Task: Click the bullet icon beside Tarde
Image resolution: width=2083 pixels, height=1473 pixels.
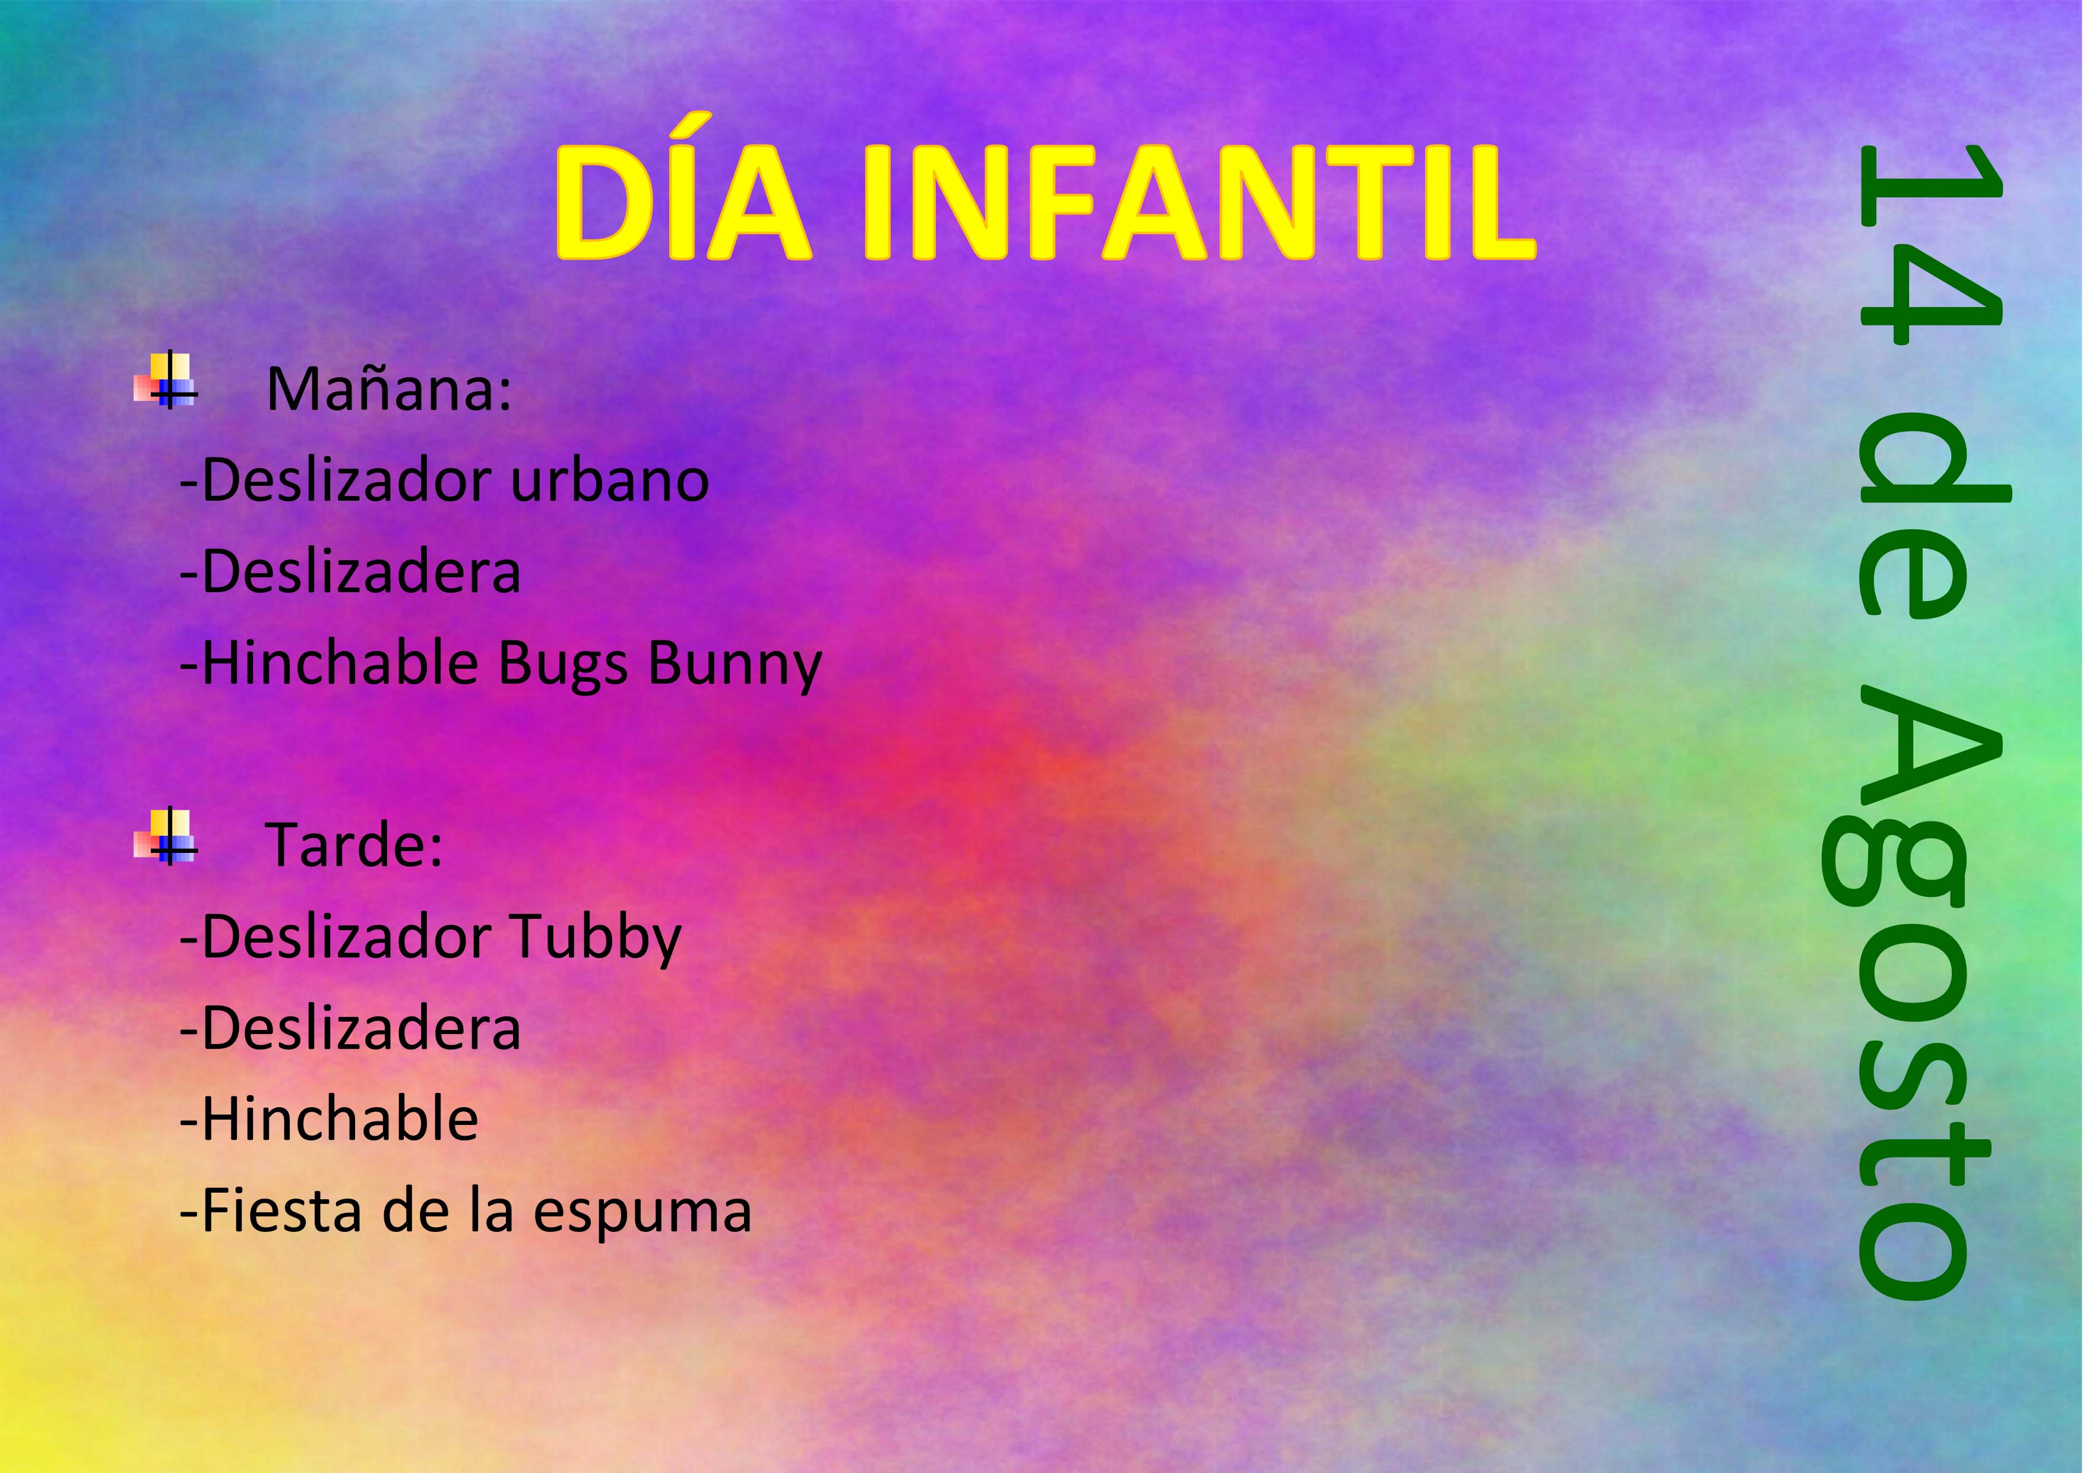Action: pyautogui.click(x=165, y=836)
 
